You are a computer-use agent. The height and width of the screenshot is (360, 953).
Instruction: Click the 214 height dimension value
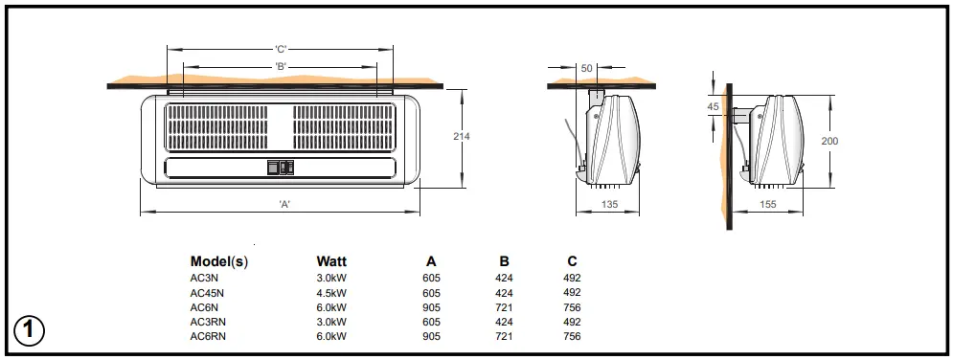tap(461, 137)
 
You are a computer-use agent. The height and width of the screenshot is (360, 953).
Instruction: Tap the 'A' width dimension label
tap(284, 204)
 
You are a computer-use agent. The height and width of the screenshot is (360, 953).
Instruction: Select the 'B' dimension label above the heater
tap(281, 66)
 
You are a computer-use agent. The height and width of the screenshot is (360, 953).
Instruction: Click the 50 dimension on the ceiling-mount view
tap(586, 68)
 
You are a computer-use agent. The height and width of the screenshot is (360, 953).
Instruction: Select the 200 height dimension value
tap(829, 140)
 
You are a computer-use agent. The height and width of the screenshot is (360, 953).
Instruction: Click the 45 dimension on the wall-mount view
tap(713, 106)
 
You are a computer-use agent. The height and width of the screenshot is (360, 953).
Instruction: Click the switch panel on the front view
tap(281, 167)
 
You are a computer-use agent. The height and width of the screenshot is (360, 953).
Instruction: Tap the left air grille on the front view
tap(218, 127)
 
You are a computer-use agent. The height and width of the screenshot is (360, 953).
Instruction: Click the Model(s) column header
tap(219, 261)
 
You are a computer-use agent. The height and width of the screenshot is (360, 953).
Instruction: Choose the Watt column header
tap(331, 261)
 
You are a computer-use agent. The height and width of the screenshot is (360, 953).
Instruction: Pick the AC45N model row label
tap(206, 293)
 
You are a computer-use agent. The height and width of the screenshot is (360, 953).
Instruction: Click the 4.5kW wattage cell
tap(331, 293)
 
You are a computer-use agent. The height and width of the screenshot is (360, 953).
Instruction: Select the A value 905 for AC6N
tap(430, 307)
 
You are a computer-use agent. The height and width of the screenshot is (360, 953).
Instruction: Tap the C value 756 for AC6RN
tap(572, 336)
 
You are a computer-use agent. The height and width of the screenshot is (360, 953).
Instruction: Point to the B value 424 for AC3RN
tap(504, 322)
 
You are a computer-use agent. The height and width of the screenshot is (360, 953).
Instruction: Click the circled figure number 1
tap(30, 330)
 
